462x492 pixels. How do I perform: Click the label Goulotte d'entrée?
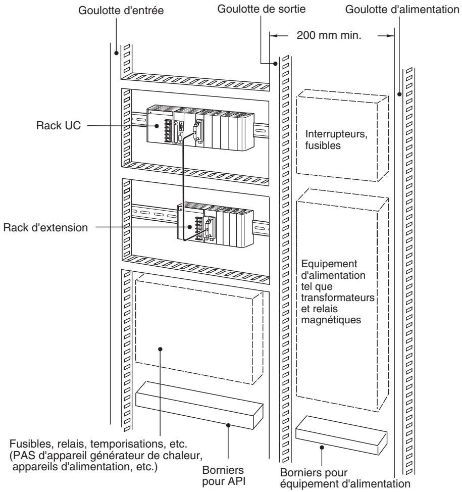pyautogui.click(x=121, y=10)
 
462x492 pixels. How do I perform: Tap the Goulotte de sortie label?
pyautogui.click(x=261, y=9)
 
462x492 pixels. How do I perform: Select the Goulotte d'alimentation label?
pyautogui.click(x=402, y=10)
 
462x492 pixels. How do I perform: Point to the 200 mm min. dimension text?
pyautogui.click(x=329, y=35)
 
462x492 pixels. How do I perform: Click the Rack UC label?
pyautogui.click(x=59, y=125)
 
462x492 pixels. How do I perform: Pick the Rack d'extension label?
pyautogui.click(x=45, y=227)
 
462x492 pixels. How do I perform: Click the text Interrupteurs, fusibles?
pyautogui.click(x=336, y=139)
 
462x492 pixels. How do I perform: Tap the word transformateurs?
pyautogui.click(x=338, y=298)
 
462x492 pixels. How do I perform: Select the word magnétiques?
pyautogui.click(x=331, y=320)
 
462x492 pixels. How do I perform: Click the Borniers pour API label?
pyautogui.click(x=223, y=476)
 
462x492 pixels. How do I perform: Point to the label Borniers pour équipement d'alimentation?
pyautogui.click(x=345, y=478)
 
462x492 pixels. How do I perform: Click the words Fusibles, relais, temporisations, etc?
pyautogui.click(x=98, y=444)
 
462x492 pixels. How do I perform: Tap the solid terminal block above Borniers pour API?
pyautogui.click(x=199, y=405)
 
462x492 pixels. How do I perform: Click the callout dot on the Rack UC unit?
pyautogui.click(x=157, y=126)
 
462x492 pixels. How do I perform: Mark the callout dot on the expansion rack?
pyautogui.click(x=189, y=227)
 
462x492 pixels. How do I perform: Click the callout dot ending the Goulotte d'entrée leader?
pyautogui.click(x=116, y=53)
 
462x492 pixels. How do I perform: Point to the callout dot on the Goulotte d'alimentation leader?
pyautogui.click(x=399, y=94)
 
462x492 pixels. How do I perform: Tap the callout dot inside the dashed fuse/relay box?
pyautogui.click(x=160, y=349)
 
